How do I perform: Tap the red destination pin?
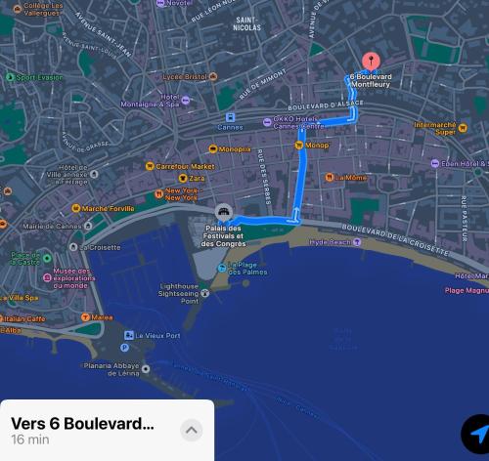coord(371,62)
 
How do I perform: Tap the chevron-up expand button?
coord(192,430)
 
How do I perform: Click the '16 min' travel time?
coord(30,440)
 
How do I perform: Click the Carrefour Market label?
coord(185,166)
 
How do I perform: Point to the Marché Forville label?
coord(108,208)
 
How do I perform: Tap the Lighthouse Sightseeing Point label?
coord(178,293)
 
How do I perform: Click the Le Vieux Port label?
coord(157,335)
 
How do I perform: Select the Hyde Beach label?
coord(330,242)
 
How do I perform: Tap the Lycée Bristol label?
coord(184,76)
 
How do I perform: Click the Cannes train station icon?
coord(230,116)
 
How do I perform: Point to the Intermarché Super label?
coord(435,128)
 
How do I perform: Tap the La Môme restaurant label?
coord(351,178)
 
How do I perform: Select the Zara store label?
coord(197,178)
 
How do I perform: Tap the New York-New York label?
coord(181,194)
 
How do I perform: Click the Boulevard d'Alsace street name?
coord(325,105)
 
